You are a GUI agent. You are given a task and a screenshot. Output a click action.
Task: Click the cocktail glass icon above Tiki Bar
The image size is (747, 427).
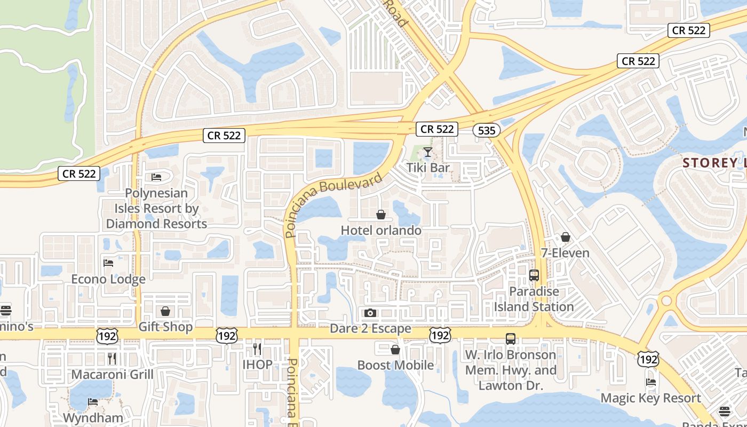click(x=428, y=153)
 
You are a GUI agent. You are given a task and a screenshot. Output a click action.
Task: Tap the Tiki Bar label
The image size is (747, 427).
click(x=428, y=168)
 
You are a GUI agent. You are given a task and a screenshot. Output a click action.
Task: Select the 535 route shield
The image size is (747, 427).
click(x=486, y=130)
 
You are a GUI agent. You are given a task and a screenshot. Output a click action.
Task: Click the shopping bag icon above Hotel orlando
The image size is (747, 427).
click(x=381, y=215)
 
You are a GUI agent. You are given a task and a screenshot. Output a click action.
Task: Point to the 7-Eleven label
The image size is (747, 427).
click(x=565, y=252)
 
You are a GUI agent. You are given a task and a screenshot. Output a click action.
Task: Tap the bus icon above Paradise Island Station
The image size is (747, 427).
click(x=534, y=275)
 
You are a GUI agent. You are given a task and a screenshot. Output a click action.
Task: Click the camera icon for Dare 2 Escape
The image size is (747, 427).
click(x=370, y=313)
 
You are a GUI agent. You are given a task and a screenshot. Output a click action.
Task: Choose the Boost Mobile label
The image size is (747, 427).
click(x=395, y=365)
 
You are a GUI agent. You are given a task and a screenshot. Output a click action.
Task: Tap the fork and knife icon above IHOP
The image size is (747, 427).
click(x=257, y=349)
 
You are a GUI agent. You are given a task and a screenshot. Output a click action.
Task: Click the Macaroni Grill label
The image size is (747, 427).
click(x=112, y=374)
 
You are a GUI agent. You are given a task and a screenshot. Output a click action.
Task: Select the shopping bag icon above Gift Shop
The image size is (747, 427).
click(x=165, y=311)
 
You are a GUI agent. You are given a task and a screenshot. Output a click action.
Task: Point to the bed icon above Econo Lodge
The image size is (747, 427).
click(x=108, y=263)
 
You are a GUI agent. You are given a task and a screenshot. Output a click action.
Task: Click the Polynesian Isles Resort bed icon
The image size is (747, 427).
click(x=156, y=177)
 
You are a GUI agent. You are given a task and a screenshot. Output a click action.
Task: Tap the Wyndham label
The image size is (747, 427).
click(x=93, y=417)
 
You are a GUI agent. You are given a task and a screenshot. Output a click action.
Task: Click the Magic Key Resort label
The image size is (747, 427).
click(x=650, y=398)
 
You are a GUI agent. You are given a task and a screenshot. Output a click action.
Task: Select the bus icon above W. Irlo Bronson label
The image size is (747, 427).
click(x=511, y=339)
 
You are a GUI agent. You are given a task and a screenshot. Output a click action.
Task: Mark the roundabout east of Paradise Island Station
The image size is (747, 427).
click(x=666, y=301)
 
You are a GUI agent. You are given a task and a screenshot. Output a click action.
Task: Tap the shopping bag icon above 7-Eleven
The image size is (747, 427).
click(x=566, y=237)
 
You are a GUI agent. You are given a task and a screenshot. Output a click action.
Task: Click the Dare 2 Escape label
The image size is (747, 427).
click(x=370, y=328)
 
